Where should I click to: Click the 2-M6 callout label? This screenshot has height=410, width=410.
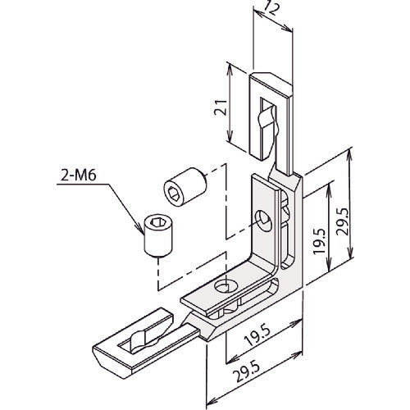tap(79, 175)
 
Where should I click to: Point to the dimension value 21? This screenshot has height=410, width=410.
tap(221, 107)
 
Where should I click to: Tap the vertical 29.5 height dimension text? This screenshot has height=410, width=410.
tap(342, 221)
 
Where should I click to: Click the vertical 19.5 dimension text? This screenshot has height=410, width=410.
tap(319, 241)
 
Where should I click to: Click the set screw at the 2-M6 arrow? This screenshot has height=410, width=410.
tap(159, 235)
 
